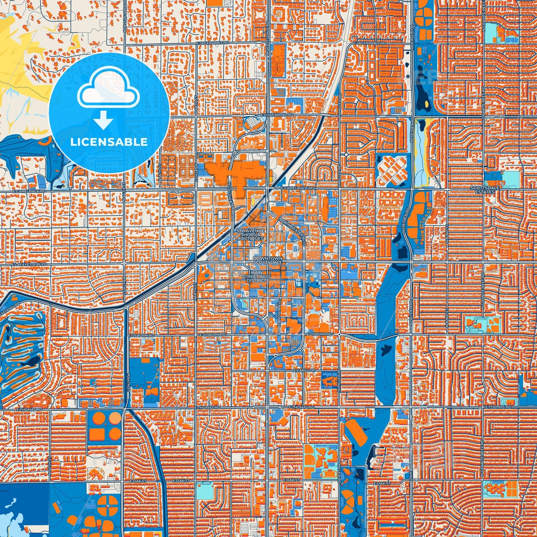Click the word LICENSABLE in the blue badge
click(109, 142)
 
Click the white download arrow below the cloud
click(104, 120)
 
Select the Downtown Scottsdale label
click(268, 260)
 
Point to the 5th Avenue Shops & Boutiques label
click(250, 235)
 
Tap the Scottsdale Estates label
click(485, 190)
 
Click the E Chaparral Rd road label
click(277, 115)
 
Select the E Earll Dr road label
click(304, 371)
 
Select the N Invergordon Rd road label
click(125, 15)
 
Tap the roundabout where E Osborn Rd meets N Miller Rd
click(340, 334)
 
